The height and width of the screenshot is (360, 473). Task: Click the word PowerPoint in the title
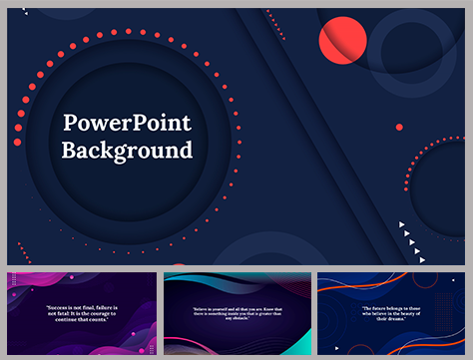[x=127, y=124]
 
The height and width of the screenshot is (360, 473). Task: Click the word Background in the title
[x=127, y=152]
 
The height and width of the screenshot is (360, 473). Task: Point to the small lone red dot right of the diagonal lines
[x=399, y=128]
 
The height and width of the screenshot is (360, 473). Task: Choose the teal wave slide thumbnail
[x=236, y=312]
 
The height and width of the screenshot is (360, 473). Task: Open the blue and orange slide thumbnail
[x=391, y=312]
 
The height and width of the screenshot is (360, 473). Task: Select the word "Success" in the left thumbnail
[x=58, y=306]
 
